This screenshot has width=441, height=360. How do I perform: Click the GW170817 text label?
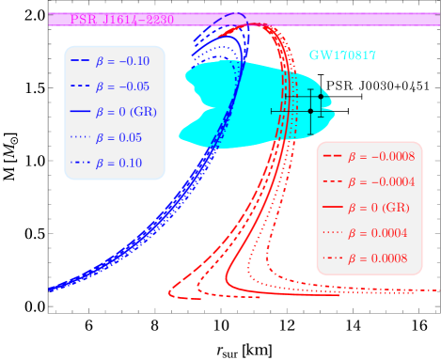tap(342, 55)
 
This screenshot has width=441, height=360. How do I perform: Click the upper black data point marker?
tap(321, 97)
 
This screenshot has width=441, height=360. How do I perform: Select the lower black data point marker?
tap(310, 111)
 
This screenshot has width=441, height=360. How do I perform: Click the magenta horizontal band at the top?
tap(282, 19)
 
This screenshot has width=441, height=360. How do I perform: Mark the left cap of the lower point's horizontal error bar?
tap(272, 111)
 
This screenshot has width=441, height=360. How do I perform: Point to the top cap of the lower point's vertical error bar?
tap(310, 90)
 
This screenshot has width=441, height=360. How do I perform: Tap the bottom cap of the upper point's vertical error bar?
tap(321, 117)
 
